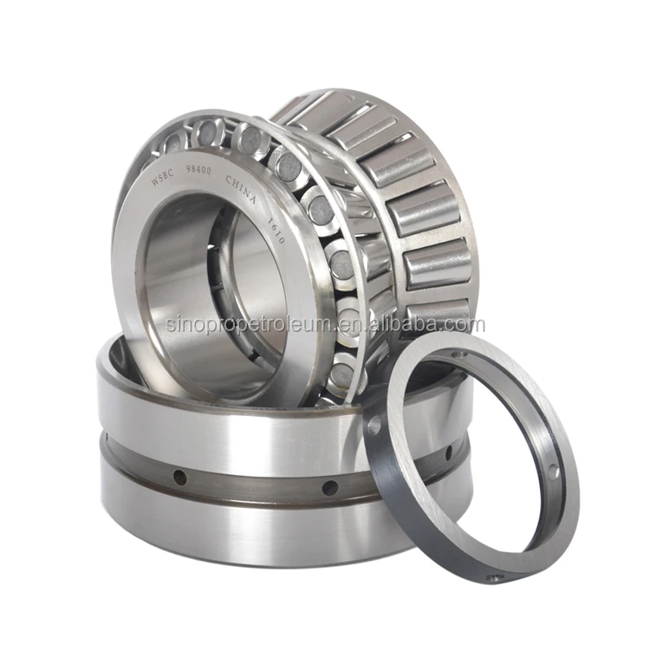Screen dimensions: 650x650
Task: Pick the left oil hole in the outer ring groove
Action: coord(179,477)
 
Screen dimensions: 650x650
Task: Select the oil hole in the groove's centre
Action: coord(330,488)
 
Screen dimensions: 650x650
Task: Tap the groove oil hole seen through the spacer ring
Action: coord(448,453)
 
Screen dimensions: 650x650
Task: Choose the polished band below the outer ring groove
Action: coord(260,533)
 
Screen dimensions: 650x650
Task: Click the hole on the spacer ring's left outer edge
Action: coord(374,426)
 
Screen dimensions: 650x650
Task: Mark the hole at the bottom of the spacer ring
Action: coord(493,578)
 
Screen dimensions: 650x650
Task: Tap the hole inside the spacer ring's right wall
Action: coord(552,472)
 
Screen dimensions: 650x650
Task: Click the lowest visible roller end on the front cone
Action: coord(341,374)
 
